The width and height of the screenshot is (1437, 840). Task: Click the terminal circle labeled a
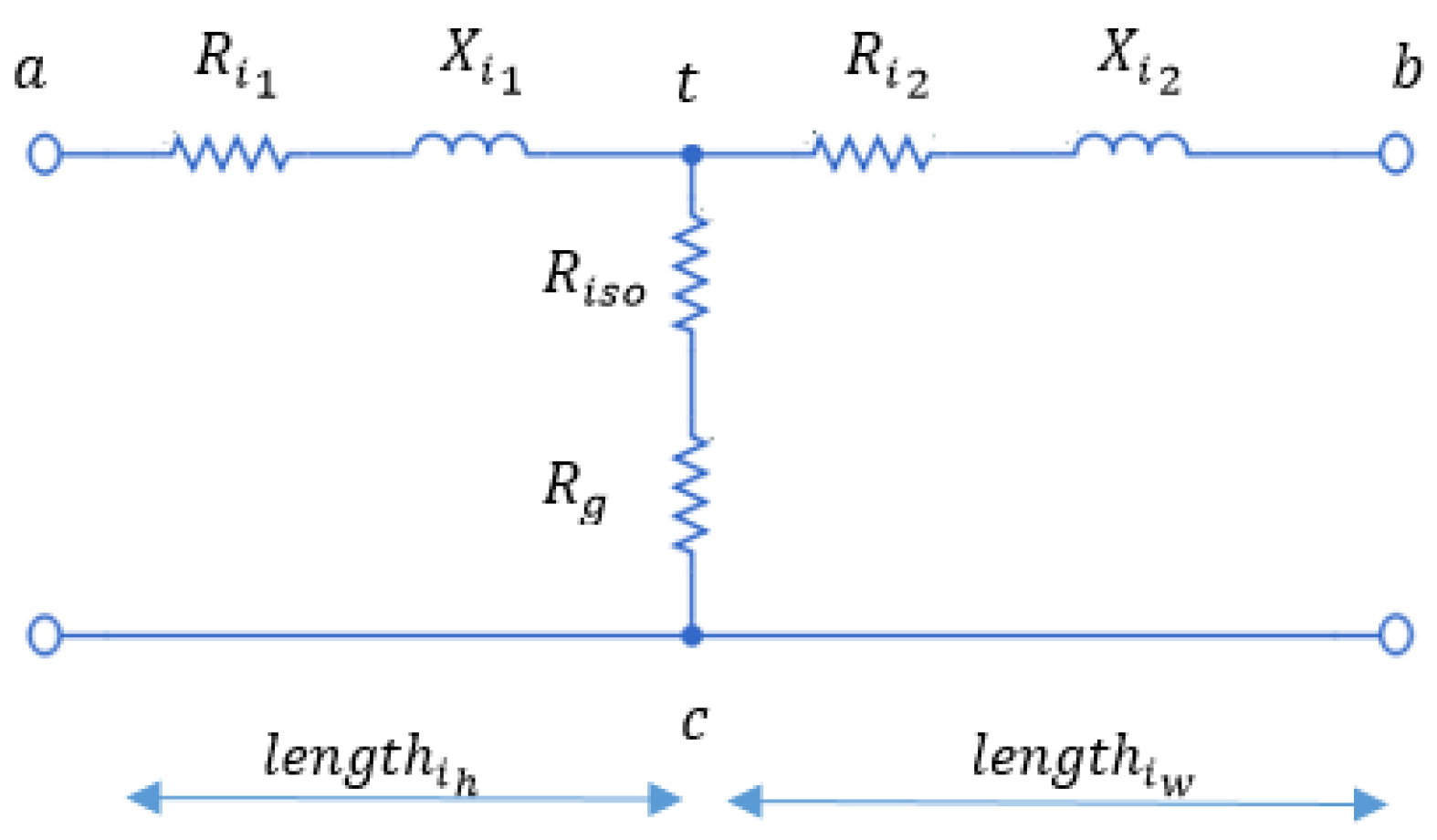pos(45,154)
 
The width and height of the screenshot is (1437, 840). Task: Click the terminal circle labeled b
pos(1395,153)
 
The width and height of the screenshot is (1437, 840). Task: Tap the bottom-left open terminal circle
pos(45,635)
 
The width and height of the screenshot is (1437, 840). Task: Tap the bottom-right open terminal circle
pos(1395,635)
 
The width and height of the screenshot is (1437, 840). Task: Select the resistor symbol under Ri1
pos(230,153)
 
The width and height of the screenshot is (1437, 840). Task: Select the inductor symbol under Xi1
pos(470,146)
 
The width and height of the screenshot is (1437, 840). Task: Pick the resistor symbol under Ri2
pos(873,153)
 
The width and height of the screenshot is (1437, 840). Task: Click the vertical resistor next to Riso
pos(691,274)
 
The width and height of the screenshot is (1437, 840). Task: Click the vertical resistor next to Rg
pos(691,494)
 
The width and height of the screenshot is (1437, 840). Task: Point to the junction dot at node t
pos(692,154)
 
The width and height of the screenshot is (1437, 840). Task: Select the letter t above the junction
pos(687,84)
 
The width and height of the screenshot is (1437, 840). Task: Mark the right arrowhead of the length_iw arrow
pos(1369,804)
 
